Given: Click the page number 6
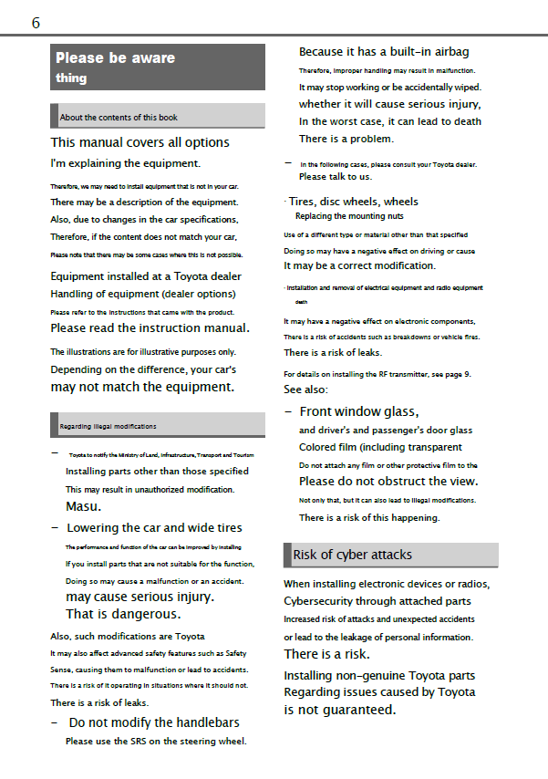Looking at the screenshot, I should tap(36, 23).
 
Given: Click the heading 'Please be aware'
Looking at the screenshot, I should tap(115, 57).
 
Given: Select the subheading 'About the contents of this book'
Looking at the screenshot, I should tap(119, 118).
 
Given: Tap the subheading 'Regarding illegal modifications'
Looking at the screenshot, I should tap(108, 426).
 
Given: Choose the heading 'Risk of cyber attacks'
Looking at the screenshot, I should tap(352, 555).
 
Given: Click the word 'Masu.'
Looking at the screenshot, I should tap(83, 506).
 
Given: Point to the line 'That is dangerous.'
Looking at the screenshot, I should tap(123, 614).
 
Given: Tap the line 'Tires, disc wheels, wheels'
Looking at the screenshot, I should tap(353, 202).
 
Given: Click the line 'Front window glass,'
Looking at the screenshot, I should tap(358, 411).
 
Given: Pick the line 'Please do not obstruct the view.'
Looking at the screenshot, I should tap(388, 481).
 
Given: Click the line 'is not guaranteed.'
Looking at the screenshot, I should tap(339, 709).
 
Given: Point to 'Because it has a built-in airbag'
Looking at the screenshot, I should tap(384, 52).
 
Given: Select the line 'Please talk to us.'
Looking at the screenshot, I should tap(336, 176).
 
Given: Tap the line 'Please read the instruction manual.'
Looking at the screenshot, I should tap(150, 327).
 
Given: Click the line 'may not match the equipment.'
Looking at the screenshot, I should tap(141, 387).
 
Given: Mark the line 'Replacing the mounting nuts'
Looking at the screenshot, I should tap(348, 216).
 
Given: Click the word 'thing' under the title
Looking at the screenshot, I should tap(71, 78).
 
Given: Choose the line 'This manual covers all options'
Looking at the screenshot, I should tap(140, 142).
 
